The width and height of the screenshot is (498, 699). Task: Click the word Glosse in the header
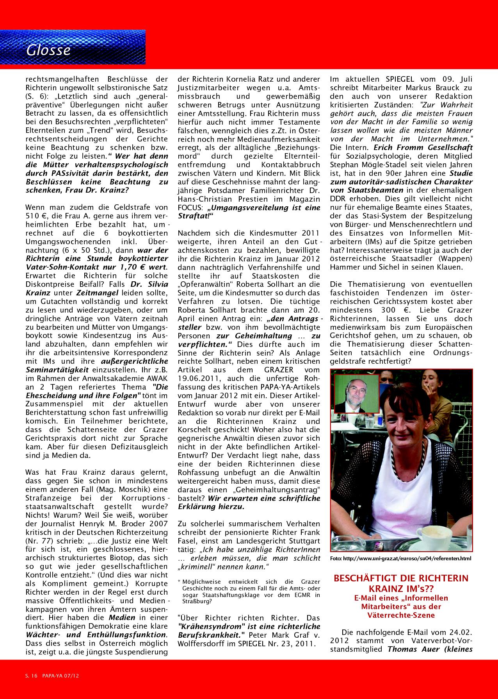pos(48,50)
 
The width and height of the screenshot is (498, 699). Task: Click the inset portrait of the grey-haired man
pos(356,394)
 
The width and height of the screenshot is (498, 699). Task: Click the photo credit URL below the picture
pos(401,559)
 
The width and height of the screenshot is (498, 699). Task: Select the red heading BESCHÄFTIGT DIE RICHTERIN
pos(401,578)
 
